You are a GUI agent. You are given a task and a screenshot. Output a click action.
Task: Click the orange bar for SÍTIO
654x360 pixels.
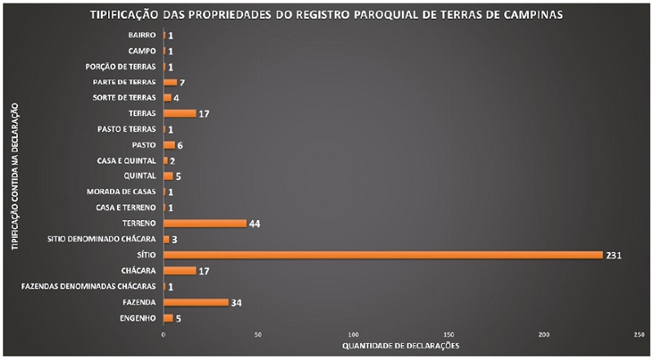(382, 255)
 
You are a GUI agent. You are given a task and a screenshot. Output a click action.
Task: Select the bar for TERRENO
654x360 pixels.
(205, 223)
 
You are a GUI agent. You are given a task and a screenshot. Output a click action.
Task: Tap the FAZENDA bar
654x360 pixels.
(196, 302)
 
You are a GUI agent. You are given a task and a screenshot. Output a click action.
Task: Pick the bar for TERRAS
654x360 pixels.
(179, 113)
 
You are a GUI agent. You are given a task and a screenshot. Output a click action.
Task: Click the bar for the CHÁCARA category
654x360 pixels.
(179, 271)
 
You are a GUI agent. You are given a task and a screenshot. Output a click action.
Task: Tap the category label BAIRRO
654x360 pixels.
(142, 35)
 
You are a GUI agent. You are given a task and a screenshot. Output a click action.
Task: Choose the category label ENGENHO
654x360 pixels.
(138, 318)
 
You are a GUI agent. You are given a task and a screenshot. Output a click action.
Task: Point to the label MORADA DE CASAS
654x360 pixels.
(122, 191)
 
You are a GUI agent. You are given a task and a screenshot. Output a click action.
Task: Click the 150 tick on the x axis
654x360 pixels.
(449, 335)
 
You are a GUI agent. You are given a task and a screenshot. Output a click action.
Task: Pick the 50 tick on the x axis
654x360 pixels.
(258, 335)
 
